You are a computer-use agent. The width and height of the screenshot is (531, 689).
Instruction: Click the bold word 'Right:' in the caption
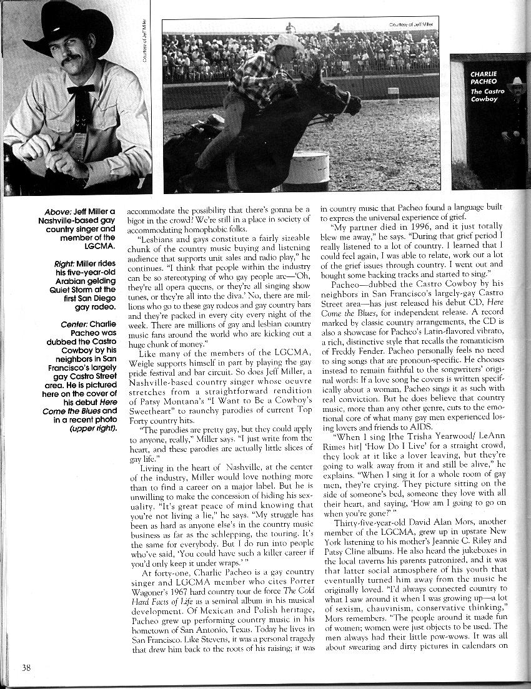68,265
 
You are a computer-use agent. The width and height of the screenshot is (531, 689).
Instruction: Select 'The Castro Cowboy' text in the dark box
487,95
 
